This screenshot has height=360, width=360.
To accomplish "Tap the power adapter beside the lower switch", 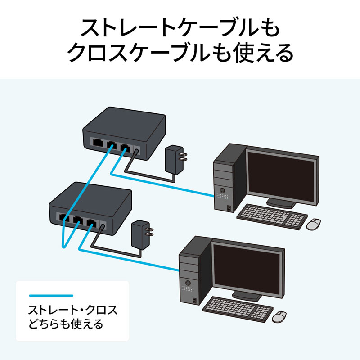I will tap(140, 234).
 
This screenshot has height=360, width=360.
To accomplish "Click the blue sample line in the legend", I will tap(51, 296).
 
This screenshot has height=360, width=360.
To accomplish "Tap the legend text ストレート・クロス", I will tap(72, 310).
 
